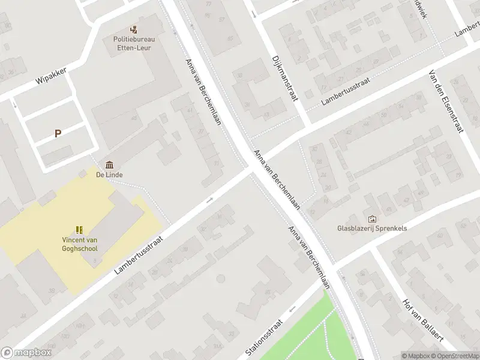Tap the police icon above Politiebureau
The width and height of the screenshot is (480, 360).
click(134, 29)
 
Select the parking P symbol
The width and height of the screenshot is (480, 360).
click(58, 134)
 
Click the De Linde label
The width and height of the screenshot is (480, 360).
click(110, 175)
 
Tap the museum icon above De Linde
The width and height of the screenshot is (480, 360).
click(110, 164)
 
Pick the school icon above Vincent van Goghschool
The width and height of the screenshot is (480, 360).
click(79, 229)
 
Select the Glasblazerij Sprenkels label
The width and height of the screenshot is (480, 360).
click(372, 229)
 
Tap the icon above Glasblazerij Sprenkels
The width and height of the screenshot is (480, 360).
click(372, 219)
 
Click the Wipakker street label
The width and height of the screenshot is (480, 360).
click(51, 77)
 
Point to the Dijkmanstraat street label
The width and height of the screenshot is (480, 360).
click(285, 79)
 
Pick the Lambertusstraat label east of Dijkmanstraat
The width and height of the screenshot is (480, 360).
click(345, 92)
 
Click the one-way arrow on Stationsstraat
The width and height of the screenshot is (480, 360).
click(292, 309)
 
